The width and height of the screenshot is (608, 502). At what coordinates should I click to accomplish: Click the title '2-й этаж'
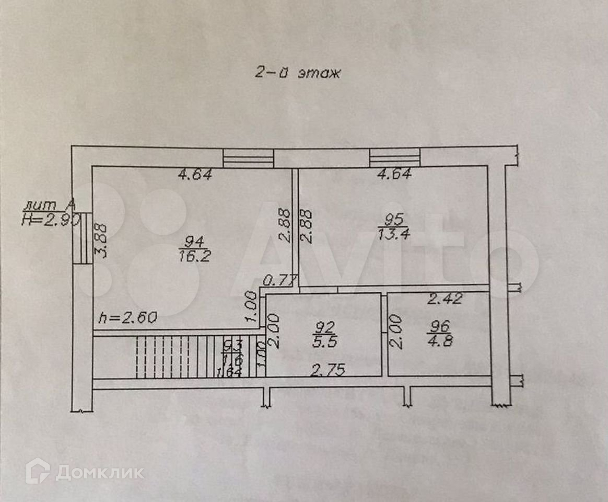[297, 73]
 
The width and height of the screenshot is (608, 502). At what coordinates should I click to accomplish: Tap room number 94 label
[193, 241]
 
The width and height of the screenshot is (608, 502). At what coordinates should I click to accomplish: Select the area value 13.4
[394, 233]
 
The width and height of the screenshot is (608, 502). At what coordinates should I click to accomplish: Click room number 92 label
[324, 327]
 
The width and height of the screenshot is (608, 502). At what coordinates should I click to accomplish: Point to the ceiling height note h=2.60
[128, 317]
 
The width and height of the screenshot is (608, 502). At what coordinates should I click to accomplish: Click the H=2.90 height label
[50, 220]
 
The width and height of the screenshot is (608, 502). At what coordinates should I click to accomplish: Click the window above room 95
[394, 156]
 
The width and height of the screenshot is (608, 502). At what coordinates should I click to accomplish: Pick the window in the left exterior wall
[83, 237]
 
